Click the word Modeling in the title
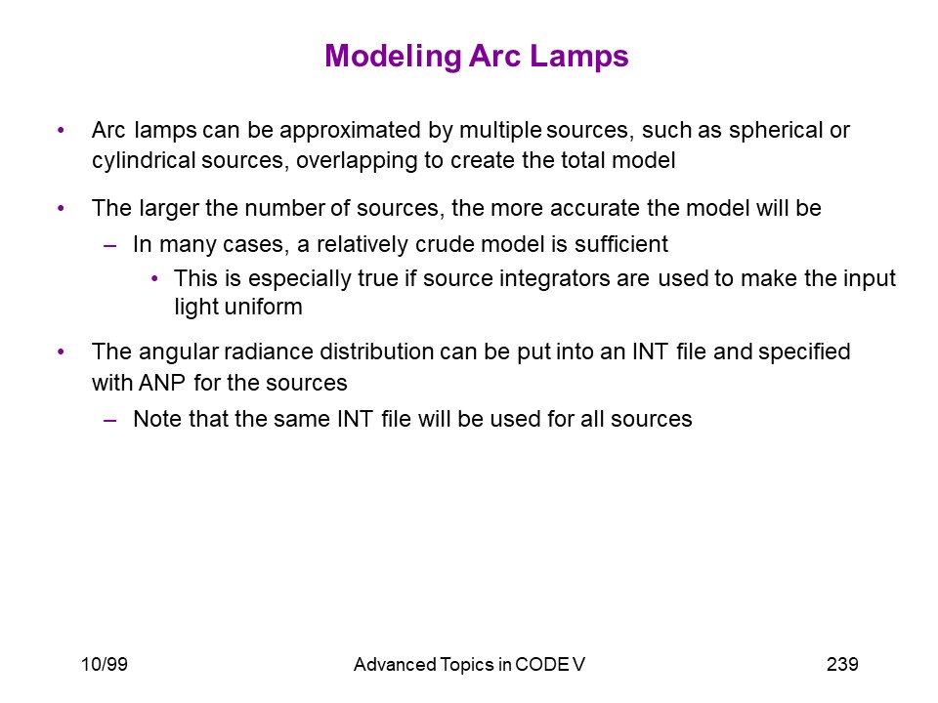[x=393, y=58]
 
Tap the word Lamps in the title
[x=579, y=57]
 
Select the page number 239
[x=842, y=664]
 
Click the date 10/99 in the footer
[x=105, y=664]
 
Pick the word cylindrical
[x=144, y=161]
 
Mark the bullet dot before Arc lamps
[x=61, y=130]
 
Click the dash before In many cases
[x=109, y=245]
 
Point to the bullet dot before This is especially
[x=155, y=278]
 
